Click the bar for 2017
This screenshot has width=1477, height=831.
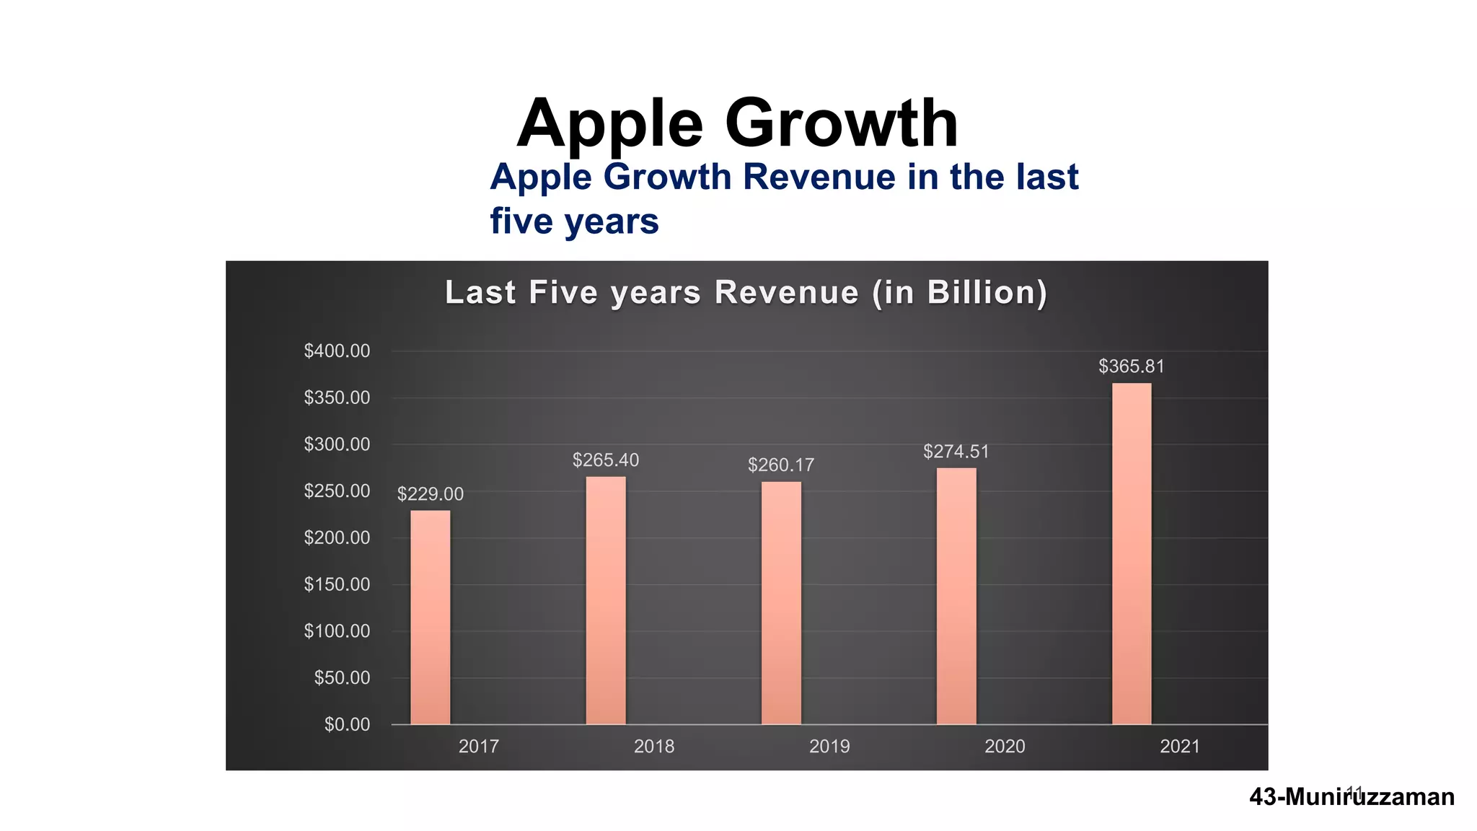point(431,617)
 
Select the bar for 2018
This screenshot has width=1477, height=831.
point(606,600)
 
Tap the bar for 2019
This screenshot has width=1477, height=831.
point(781,602)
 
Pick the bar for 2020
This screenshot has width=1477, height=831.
point(956,596)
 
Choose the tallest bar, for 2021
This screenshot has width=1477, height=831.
point(1132,553)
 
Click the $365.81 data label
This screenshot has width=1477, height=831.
point(1131,366)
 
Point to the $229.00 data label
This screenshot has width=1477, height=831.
point(431,494)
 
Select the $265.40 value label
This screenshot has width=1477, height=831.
point(606,460)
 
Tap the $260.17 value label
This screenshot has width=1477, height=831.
point(781,465)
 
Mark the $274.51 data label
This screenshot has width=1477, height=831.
point(956,452)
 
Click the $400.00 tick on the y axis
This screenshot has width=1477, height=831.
point(337,351)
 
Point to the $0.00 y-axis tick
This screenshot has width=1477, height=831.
point(347,725)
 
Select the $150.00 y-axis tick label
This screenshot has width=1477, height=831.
point(337,584)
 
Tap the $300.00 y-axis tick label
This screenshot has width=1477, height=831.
point(337,444)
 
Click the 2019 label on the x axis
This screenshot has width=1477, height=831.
point(829,747)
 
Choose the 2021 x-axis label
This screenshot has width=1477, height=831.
point(1180,747)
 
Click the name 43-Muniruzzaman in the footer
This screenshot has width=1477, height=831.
point(1352,797)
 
